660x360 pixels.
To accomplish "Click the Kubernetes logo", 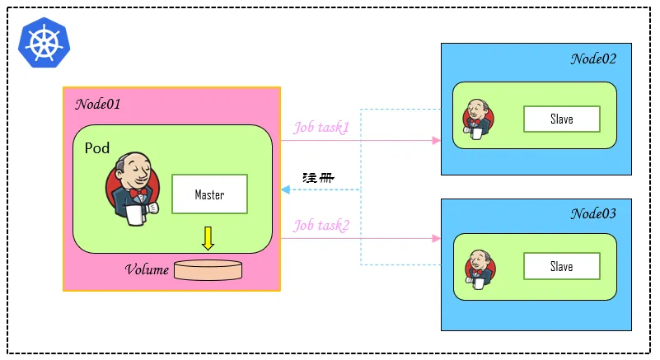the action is pyautogui.click(x=44, y=43).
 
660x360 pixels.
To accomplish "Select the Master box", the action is pyautogui.click(x=209, y=194).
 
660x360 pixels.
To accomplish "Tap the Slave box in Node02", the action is pyautogui.click(x=561, y=119).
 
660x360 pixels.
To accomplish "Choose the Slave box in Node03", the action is pyautogui.click(x=561, y=266).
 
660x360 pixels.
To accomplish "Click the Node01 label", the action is pyautogui.click(x=98, y=104).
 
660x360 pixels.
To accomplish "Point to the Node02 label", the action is pyautogui.click(x=593, y=59).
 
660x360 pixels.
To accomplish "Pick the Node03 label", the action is pyautogui.click(x=593, y=214).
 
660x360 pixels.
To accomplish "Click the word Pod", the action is pyautogui.click(x=97, y=148).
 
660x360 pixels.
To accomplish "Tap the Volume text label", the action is pyautogui.click(x=147, y=269).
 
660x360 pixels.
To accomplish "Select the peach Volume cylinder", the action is pyautogui.click(x=208, y=270).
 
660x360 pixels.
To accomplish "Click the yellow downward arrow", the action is pyautogui.click(x=208, y=238).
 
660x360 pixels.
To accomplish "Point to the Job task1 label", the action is pyautogui.click(x=321, y=127).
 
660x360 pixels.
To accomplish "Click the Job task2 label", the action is pyautogui.click(x=321, y=226).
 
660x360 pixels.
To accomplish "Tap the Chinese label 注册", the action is pyautogui.click(x=318, y=178).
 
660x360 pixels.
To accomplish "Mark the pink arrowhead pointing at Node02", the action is pyautogui.click(x=437, y=141).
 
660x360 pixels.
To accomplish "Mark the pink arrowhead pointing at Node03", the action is pyautogui.click(x=437, y=239).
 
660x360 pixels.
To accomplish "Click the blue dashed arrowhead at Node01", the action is pyautogui.click(x=285, y=190).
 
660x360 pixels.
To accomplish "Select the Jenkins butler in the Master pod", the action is pyautogui.click(x=133, y=189).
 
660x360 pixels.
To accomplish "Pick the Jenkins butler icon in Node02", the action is pyautogui.click(x=478, y=119).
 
